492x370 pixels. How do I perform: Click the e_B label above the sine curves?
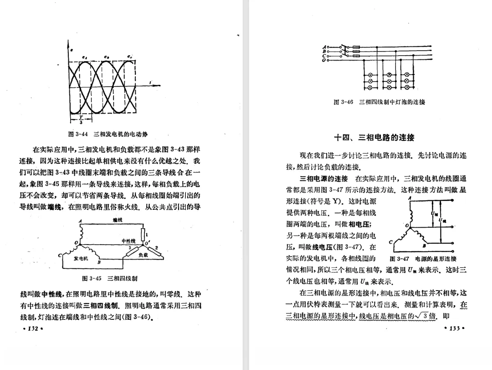[x=106, y=57]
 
